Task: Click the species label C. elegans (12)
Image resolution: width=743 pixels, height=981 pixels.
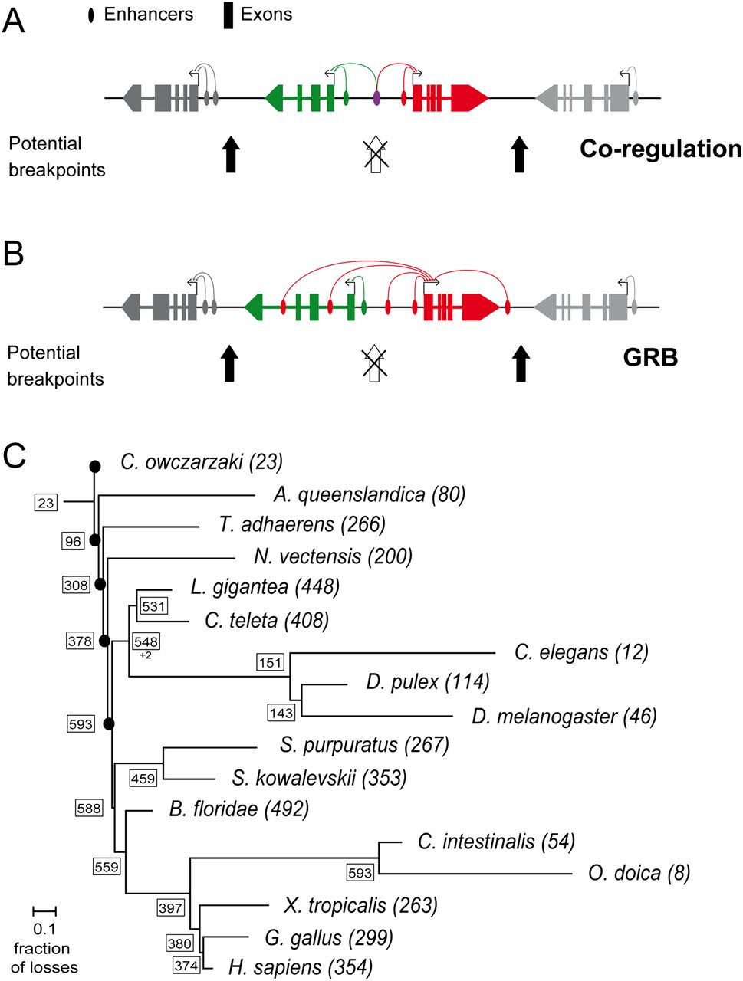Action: (581, 652)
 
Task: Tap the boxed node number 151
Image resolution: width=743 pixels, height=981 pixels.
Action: (270, 662)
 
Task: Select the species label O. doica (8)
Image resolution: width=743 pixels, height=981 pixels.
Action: (639, 872)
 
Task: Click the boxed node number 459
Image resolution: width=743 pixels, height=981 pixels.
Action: (143, 778)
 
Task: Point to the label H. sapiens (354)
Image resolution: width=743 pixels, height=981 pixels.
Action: (300, 966)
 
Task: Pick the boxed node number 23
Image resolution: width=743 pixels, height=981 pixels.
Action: (46, 502)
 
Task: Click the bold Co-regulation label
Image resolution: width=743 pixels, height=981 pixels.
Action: (660, 149)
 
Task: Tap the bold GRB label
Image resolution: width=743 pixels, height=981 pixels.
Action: (650, 358)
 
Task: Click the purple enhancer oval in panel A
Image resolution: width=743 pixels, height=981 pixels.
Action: (376, 97)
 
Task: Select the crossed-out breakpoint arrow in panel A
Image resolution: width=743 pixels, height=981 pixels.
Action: (375, 154)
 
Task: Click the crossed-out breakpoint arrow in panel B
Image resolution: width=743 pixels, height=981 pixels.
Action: (373, 363)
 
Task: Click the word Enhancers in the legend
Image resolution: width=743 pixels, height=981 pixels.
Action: (148, 14)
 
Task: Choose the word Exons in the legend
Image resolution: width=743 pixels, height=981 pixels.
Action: (266, 14)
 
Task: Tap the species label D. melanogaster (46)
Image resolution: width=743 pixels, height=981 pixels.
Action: (564, 716)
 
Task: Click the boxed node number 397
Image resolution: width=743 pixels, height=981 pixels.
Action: (170, 907)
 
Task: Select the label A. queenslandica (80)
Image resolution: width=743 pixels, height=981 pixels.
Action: (369, 494)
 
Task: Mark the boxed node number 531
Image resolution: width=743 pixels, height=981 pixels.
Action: (153, 607)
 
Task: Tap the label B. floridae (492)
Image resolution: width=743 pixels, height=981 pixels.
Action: (238, 809)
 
